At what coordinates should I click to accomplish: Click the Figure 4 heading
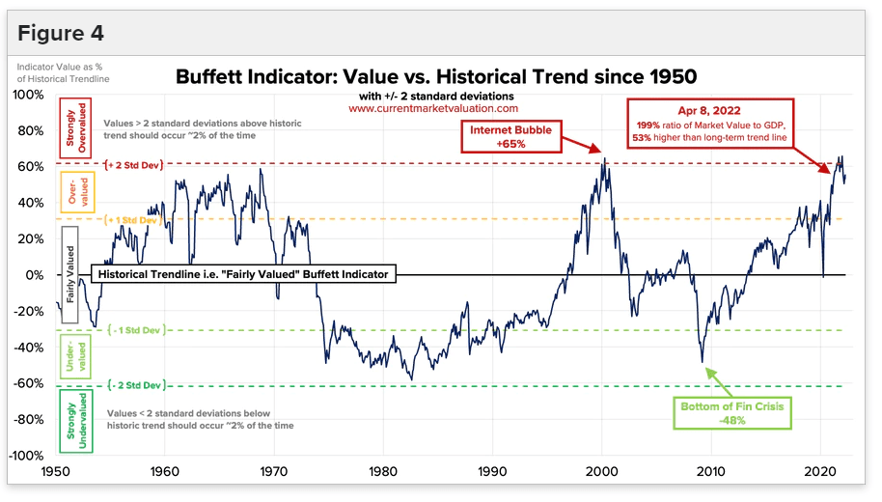tap(61, 34)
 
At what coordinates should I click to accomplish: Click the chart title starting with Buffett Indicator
tap(435, 76)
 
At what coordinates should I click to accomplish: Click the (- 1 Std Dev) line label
tap(135, 329)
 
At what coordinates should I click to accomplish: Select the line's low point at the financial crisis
tap(703, 362)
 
